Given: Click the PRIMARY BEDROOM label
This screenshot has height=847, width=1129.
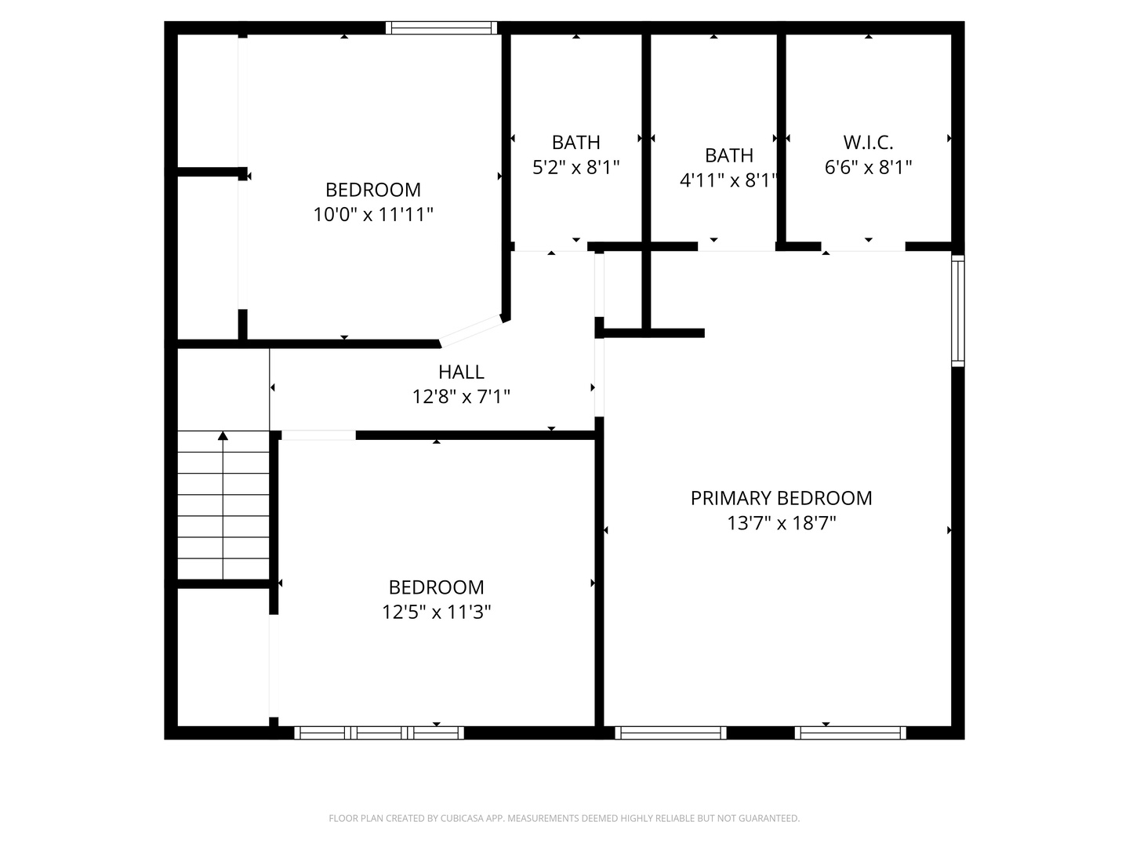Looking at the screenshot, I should [x=781, y=498].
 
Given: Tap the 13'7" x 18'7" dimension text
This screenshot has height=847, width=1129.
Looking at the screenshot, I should [x=781, y=523].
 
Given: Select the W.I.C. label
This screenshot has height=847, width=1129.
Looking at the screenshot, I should [x=868, y=143].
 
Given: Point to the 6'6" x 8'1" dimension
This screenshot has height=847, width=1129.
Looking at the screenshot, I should [x=868, y=167].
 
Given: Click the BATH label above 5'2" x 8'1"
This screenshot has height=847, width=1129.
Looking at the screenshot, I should [x=575, y=143].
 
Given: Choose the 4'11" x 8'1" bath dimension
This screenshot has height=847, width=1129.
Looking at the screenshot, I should [x=728, y=180].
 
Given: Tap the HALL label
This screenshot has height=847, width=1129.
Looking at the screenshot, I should [x=461, y=372].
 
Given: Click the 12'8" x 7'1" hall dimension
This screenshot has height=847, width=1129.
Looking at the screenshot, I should [x=461, y=397].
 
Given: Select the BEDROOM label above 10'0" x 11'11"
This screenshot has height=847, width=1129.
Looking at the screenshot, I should [x=373, y=190].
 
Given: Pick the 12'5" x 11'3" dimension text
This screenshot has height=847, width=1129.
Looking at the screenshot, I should [x=436, y=612].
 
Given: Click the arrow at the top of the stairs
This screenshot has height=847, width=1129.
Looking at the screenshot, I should [x=223, y=436].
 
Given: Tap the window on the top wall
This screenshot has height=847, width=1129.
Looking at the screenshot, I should [x=442, y=28].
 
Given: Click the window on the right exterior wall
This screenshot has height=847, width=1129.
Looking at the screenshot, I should [x=958, y=311].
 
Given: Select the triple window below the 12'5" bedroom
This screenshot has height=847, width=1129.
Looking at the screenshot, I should [x=379, y=733].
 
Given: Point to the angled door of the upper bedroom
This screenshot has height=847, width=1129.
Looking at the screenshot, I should [x=470, y=331].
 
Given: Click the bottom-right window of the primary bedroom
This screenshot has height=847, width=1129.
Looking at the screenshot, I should [x=851, y=733].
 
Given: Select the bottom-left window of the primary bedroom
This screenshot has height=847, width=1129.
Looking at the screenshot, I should [x=670, y=733].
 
